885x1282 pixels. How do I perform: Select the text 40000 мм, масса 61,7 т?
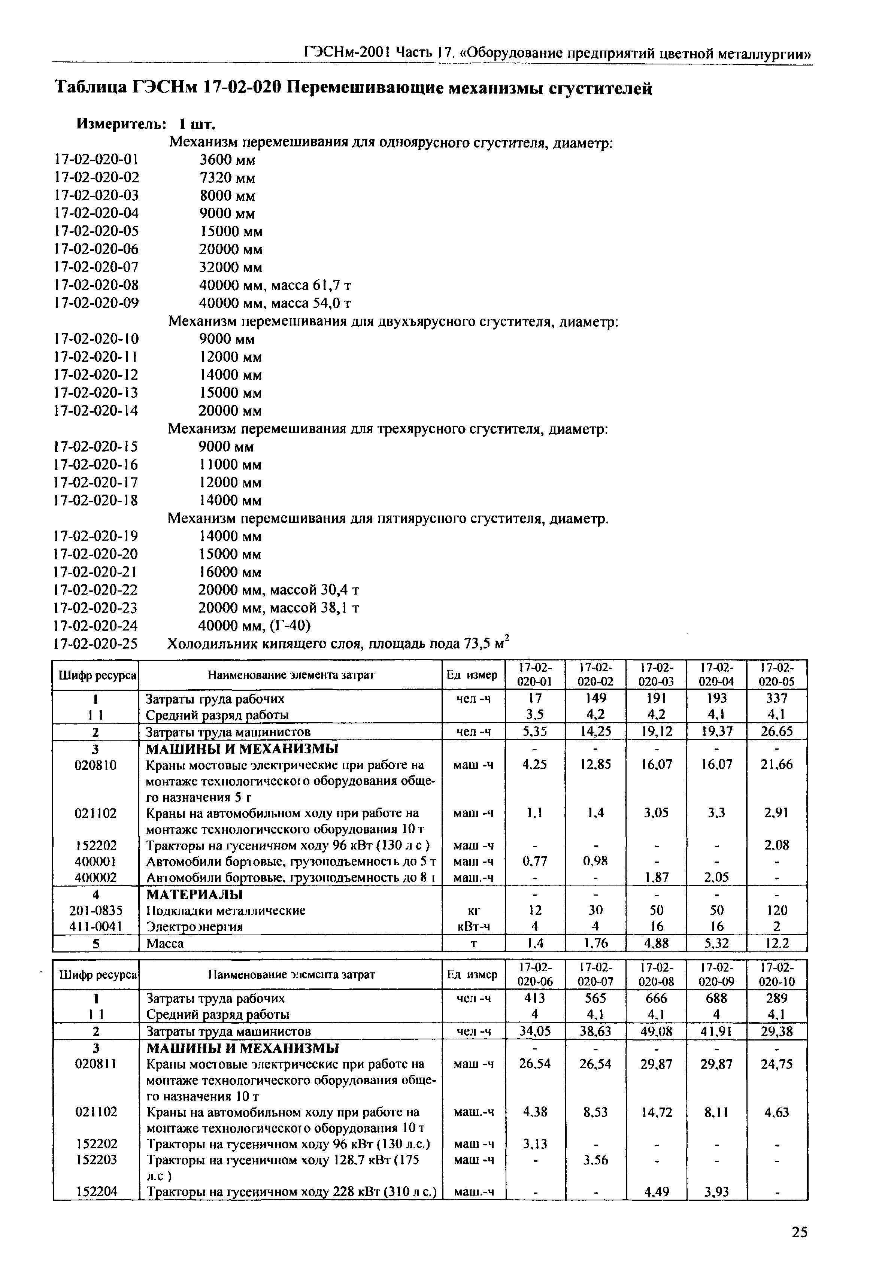(x=275, y=285)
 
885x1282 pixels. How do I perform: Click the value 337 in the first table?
(x=776, y=698)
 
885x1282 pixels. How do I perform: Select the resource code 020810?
(x=96, y=765)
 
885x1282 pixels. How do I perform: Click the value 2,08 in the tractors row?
(x=776, y=845)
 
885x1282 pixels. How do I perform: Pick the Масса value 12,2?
(x=776, y=944)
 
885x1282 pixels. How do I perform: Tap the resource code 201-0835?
(x=96, y=910)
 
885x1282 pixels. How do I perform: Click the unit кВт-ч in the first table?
(x=473, y=926)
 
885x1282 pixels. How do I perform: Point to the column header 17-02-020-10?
(x=776, y=974)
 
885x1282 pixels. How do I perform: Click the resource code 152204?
(x=96, y=1191)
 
